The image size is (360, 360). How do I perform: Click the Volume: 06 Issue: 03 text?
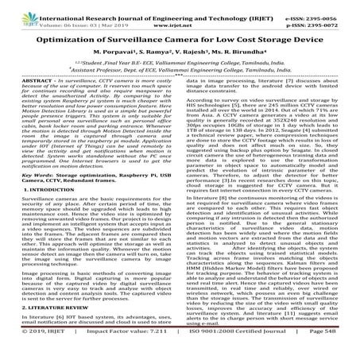(55, 16)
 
